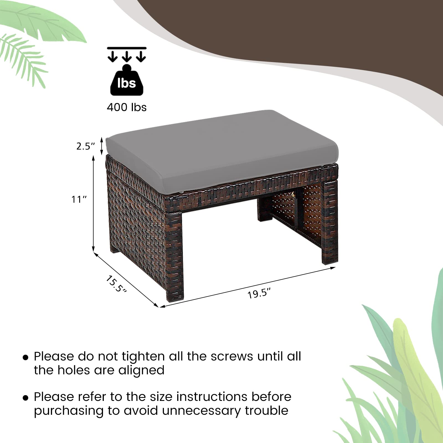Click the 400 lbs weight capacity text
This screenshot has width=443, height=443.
[x=127, y=107]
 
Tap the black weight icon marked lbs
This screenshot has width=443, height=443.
[x=127, y=81]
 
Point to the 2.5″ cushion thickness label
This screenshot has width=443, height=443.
[x=86, y=146]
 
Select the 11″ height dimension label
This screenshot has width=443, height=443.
[x=79, y=199]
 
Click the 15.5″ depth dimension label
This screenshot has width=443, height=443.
[x=116, y=284]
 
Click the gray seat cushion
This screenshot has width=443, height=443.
[x=221, y=150]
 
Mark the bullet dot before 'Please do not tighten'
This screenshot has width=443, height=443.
[x=25, y=357]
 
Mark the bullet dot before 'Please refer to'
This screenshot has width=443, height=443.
[x=25, y=398]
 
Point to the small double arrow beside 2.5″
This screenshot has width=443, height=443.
[x=102, y=146]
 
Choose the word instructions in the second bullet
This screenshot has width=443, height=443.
[x=212, y=397]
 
